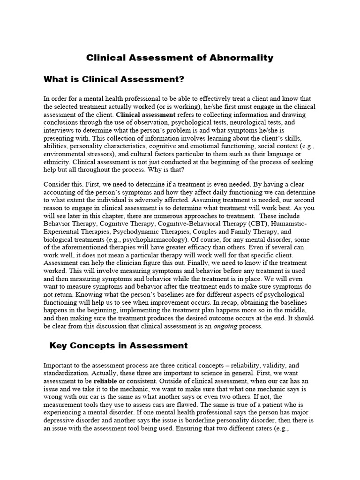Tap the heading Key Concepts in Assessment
[x=119, y=346]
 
